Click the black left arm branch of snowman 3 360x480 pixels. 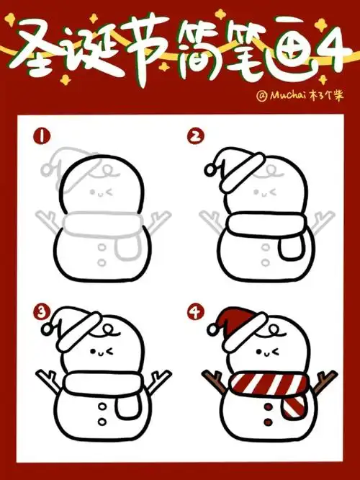(47, 381)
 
